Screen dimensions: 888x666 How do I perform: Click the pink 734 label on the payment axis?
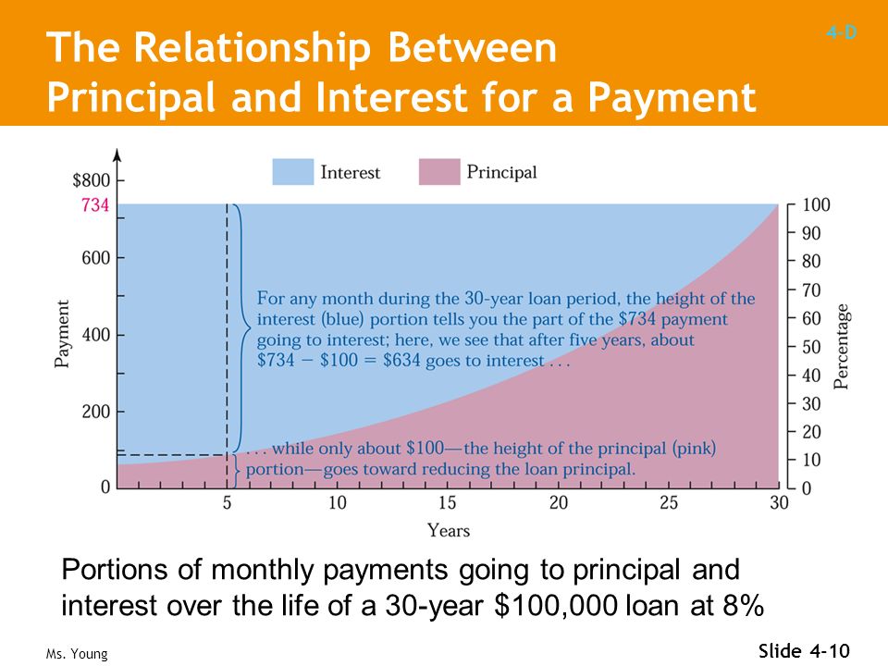pyautogui.click(x=95, y=204)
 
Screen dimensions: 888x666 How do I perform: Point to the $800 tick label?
pyautogui.click(x=92, y=180)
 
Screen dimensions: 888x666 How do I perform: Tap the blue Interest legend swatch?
pyautogui.click(x=293, y=172)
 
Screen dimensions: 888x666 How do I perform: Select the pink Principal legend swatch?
pyautogui.click(x=439, y=172)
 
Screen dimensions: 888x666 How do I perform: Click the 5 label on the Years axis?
pyautogui.click(x=228, y=502)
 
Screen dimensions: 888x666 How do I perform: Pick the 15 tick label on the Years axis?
pyautogui.click(x=448, y=502)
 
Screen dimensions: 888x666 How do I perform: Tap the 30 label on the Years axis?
pyautogui.click(x=779, y=502)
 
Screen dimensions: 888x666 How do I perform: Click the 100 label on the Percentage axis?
pyautogui.click(x=816, y=204)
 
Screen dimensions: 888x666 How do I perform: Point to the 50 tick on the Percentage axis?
pyautogui.click(x=811, y=347)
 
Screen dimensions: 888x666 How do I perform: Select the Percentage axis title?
pyautogui.click(x=842, y=347)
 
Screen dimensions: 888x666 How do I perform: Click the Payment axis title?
pyautogui.click(x=62, y=334)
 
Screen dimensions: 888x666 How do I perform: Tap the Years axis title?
pyautogui.click(x=449, y=531)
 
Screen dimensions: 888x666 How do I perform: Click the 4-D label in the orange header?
pyautogui.click(x=842, y=32)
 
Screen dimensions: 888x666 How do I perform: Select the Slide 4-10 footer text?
pyautogui.click(x=804, y=650)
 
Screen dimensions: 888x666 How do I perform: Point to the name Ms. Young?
pyautogui.click(x=77, y=654)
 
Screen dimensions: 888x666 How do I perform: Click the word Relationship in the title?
pyautogui.click(x=252, y=48)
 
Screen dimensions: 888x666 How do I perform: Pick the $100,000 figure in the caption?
pyautogui.click(x=556, y=605)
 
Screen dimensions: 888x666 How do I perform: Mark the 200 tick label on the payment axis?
pyautogui.click(x=95, y=412)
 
